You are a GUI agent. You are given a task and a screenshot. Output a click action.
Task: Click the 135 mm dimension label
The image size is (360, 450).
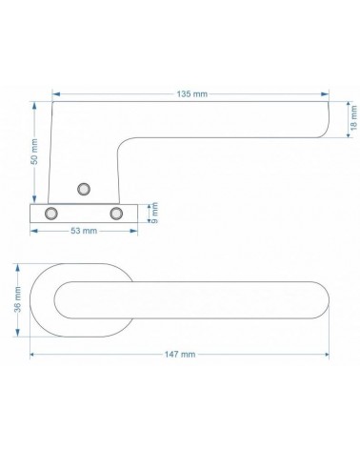pyautogui.click(x=192, y=94)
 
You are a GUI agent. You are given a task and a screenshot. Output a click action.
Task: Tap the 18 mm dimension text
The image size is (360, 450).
pyautogui.click(x=354, y=117)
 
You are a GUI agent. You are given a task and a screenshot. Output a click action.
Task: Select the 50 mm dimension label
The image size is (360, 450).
pyautogui.click(x=34, y=152)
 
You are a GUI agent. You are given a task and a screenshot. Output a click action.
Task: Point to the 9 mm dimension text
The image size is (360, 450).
pyautogui.click(x=154, y=213)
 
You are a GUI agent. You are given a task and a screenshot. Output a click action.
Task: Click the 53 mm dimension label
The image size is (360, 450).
pyautogui.click(x=84, y=231)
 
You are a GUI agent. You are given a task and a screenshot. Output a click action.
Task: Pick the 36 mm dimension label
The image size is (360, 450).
pyautogui.click(x=17, y=299)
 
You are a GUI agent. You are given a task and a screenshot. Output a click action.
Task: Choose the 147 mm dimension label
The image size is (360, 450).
pyautogui.click(x=180, y=354)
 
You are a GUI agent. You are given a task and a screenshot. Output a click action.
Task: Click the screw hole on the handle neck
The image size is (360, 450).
pyautogui.click(x=84, y=189)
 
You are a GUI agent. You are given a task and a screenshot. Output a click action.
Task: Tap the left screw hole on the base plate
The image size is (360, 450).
pyautogui.click(x=51, y=214)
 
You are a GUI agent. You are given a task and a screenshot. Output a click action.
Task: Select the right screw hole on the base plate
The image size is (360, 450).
pyautogui.click(x=116, y=214)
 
